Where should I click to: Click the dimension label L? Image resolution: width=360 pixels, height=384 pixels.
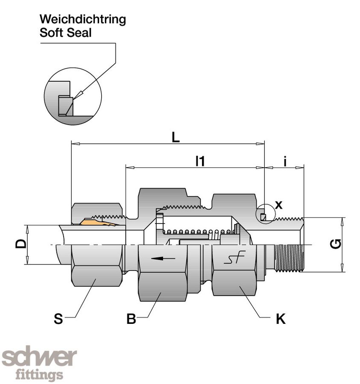pos(176,137)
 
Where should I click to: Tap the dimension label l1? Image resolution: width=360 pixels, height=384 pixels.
pos(200,161)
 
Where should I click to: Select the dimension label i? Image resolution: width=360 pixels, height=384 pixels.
pos(284,161)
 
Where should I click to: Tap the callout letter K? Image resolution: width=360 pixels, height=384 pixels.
pos(281,319)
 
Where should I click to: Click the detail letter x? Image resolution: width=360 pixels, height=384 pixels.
pos(278,205)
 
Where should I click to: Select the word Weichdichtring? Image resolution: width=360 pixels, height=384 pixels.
pos(82,20)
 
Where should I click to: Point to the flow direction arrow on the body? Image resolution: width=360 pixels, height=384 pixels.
pos(163,258)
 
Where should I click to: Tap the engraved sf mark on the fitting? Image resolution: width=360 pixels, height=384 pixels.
pos(235,258)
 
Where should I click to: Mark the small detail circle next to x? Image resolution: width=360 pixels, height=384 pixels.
pos(264,215)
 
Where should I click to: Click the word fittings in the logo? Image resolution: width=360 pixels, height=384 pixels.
pos(39,375)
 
